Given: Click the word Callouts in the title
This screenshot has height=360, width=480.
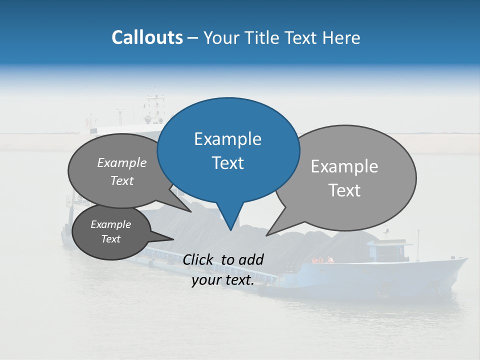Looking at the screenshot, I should (147, 37).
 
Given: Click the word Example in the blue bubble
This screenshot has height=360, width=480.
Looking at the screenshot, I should (227, 139).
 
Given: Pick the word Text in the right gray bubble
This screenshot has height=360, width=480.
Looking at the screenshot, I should (344, 190).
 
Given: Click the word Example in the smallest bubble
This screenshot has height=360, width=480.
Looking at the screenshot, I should (110, 224).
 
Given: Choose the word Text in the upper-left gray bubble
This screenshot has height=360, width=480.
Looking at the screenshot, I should (122, 181).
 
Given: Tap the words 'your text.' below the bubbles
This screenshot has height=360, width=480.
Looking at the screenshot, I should (223, 280).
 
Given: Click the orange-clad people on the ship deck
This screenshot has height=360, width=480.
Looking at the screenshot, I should (322, 260).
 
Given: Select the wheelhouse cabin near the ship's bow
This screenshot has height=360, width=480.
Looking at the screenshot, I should (387, 248).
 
